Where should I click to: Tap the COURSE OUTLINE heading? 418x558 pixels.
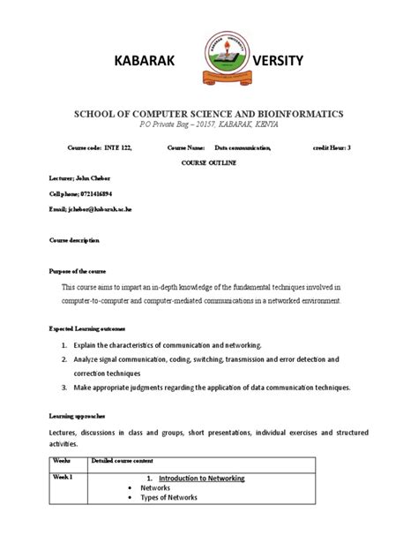pyautogui.click(x=209, y=164)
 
